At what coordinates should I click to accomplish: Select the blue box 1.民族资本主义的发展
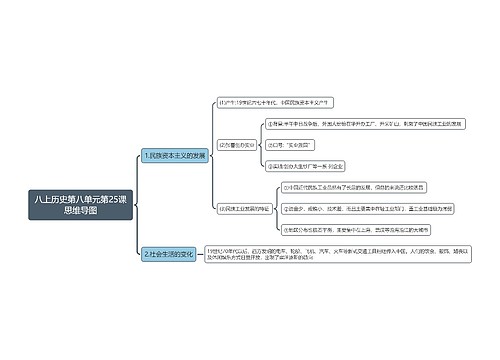click(174, 155)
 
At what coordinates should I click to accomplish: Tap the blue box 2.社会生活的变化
click(166, 254)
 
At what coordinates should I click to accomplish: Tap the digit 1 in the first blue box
click(146, 155)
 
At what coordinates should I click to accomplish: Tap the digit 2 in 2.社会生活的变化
click(146, 254)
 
